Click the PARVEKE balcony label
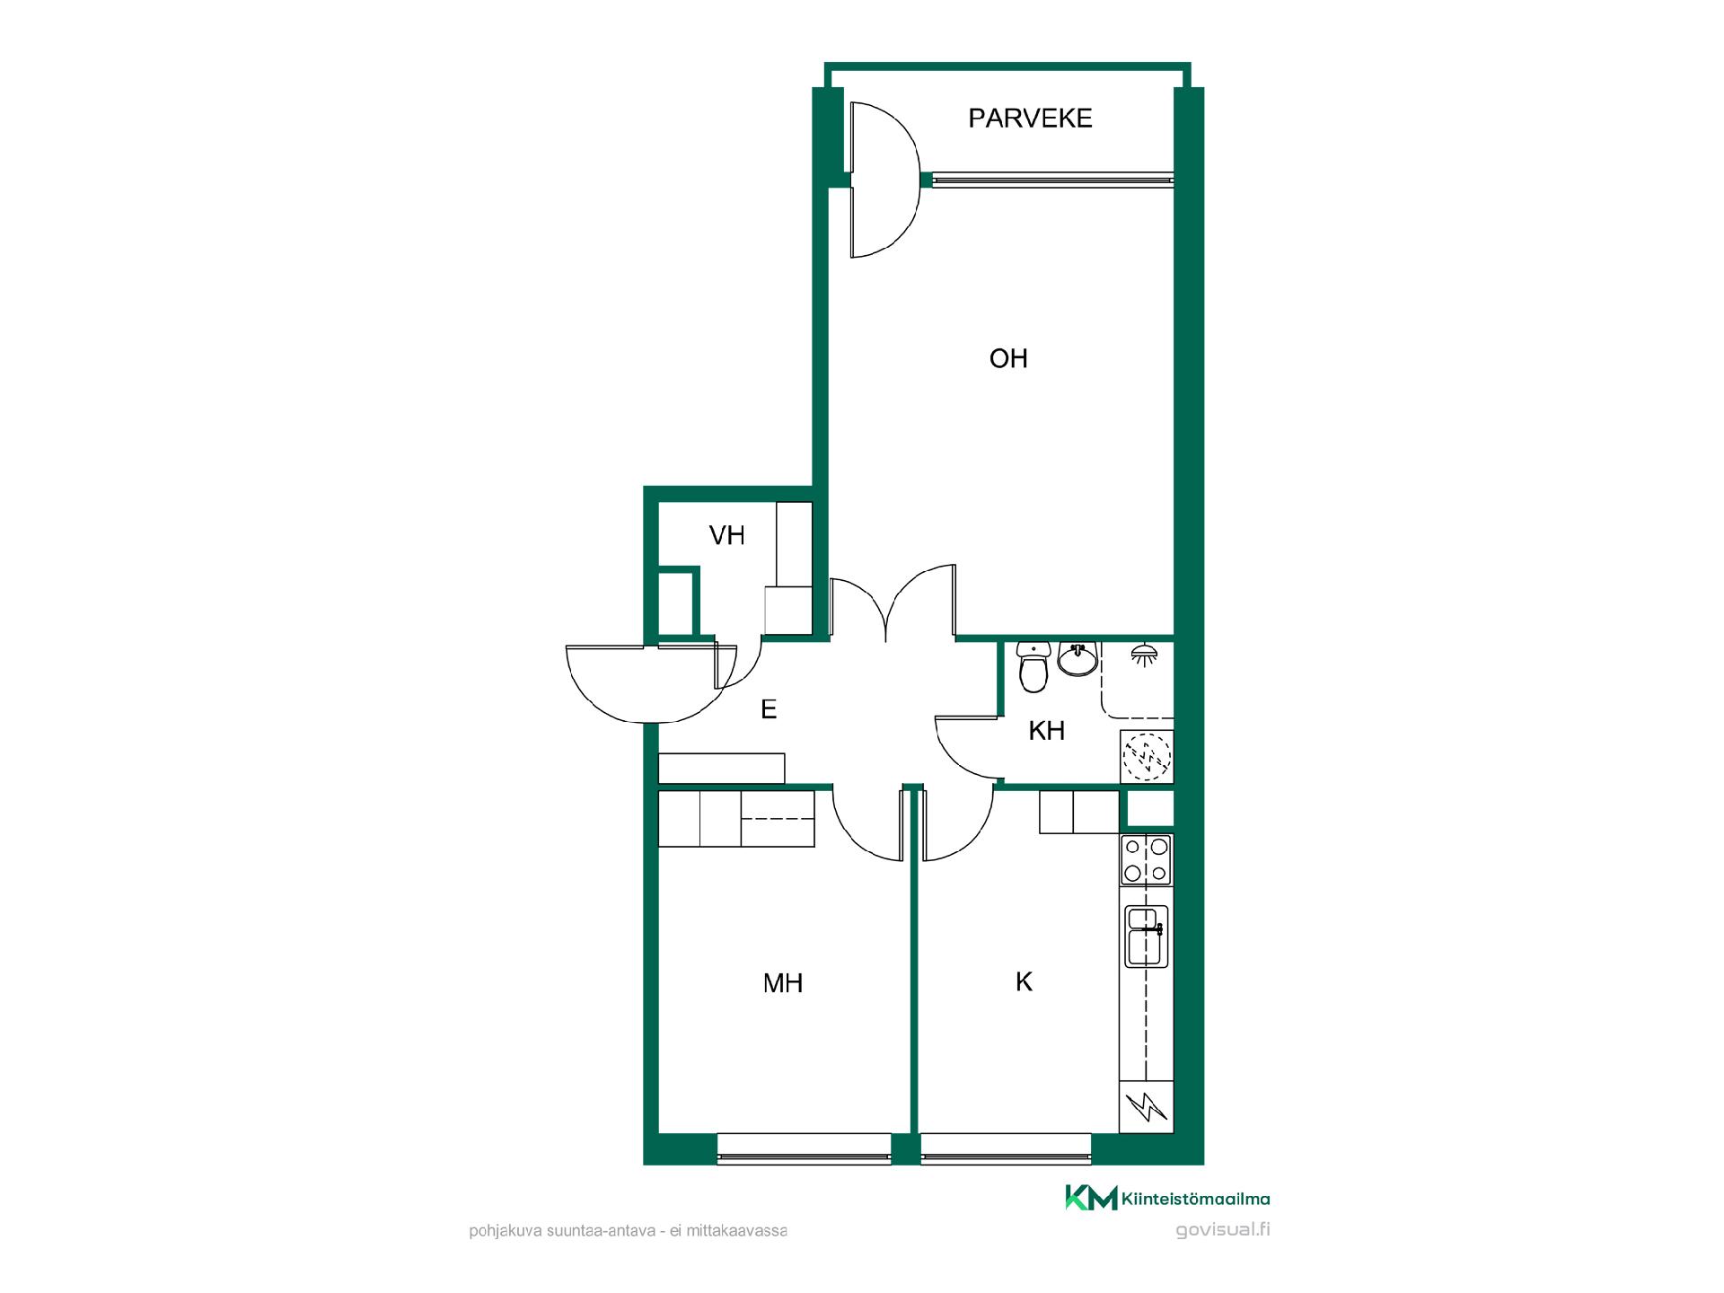point(1030,119)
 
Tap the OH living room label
point(1008,359)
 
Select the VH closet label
point(727,536)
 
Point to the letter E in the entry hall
point(769,709)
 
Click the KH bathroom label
point(1047,731)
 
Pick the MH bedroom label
point(783,983)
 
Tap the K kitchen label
point(1024,982)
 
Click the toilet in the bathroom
point(1034,666)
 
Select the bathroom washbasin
point(1077,658)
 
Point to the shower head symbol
point(1143,655)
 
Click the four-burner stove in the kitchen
point(1147,859)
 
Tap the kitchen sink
point(1147,937)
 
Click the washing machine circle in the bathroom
point(1148,756)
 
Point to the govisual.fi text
point(1223,1230)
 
